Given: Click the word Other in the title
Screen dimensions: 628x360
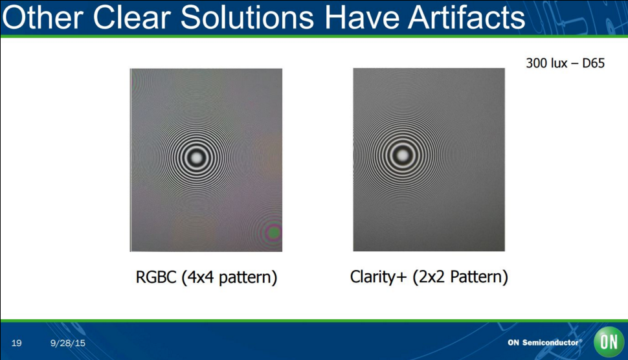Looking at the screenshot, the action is [43, 17].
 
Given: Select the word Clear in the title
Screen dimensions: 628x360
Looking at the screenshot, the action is [132, 17].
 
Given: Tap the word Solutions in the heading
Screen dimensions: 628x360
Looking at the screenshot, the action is [247, 17].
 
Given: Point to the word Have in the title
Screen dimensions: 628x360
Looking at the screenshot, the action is [362, 17].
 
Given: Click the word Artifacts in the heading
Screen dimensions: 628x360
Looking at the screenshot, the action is [467, 17].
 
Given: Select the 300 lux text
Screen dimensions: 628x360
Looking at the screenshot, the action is [546, 63].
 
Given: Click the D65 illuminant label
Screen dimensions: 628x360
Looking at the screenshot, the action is [593, 63].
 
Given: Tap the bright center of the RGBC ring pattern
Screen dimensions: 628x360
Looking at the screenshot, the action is [196, 157].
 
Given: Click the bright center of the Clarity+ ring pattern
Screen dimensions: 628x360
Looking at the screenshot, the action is [402, 155].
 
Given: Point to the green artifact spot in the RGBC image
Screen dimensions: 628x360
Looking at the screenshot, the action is [274, 232].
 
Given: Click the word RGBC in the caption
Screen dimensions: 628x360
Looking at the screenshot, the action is [156, 277].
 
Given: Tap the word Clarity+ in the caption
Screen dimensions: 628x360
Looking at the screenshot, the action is [378, 276].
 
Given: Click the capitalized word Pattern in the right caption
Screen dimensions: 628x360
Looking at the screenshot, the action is [476, 276].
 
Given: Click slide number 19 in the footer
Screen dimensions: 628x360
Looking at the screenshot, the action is [16, 343].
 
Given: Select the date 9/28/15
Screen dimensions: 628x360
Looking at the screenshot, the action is [68, 343].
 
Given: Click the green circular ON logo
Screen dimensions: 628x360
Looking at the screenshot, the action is [609, 342].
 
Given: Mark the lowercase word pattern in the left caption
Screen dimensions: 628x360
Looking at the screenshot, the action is [245, 277].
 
